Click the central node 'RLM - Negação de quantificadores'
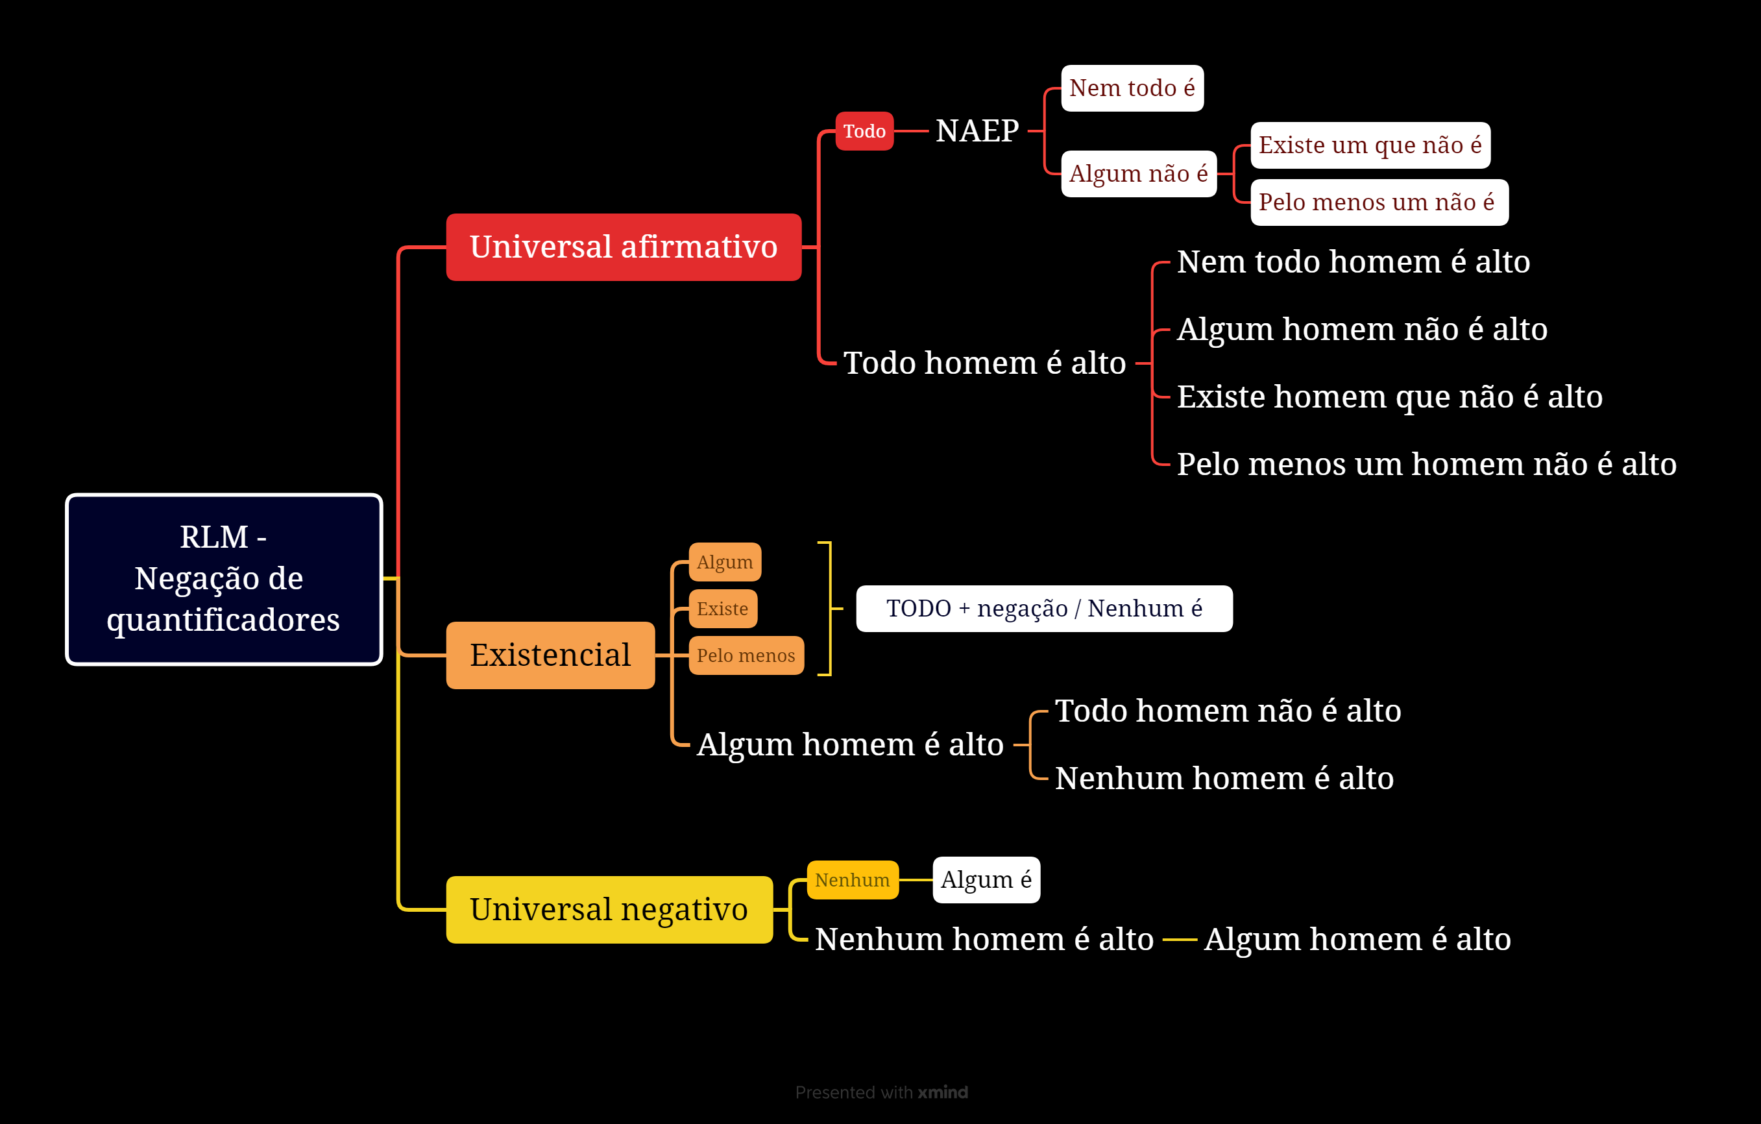[x=224, y=579]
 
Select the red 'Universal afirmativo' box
[x=624, y=247]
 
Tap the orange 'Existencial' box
[x=550, y=655]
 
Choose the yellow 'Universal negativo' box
[x=609, y=910]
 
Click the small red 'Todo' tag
[x=864, y=131]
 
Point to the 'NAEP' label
[x=977, y=131]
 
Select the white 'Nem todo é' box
[x=1132, y=88]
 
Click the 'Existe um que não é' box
[x=1370, y=145]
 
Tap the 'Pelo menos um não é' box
[x=1379, y=202]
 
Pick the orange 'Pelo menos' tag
[x=746, y=655]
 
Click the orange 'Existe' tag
[x=723, y=609]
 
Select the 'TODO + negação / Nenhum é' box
[x=1044, y=609]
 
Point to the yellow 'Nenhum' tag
[x=853, y=880]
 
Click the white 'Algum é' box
[x=986, y=880]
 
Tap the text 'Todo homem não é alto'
[x=1228, y=711]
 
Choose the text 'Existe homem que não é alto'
[x=1389, y=397]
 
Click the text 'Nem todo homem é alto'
[x=1354, y=262]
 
